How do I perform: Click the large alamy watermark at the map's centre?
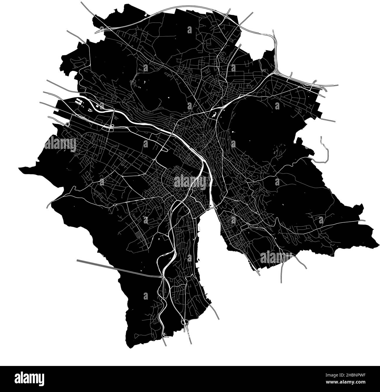190,181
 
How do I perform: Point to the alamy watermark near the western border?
61,144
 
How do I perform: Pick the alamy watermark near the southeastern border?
276,257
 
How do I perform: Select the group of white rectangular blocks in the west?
78,102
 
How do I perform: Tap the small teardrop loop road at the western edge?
68,124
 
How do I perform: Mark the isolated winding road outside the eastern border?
324,151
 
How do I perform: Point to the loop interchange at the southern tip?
184,322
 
